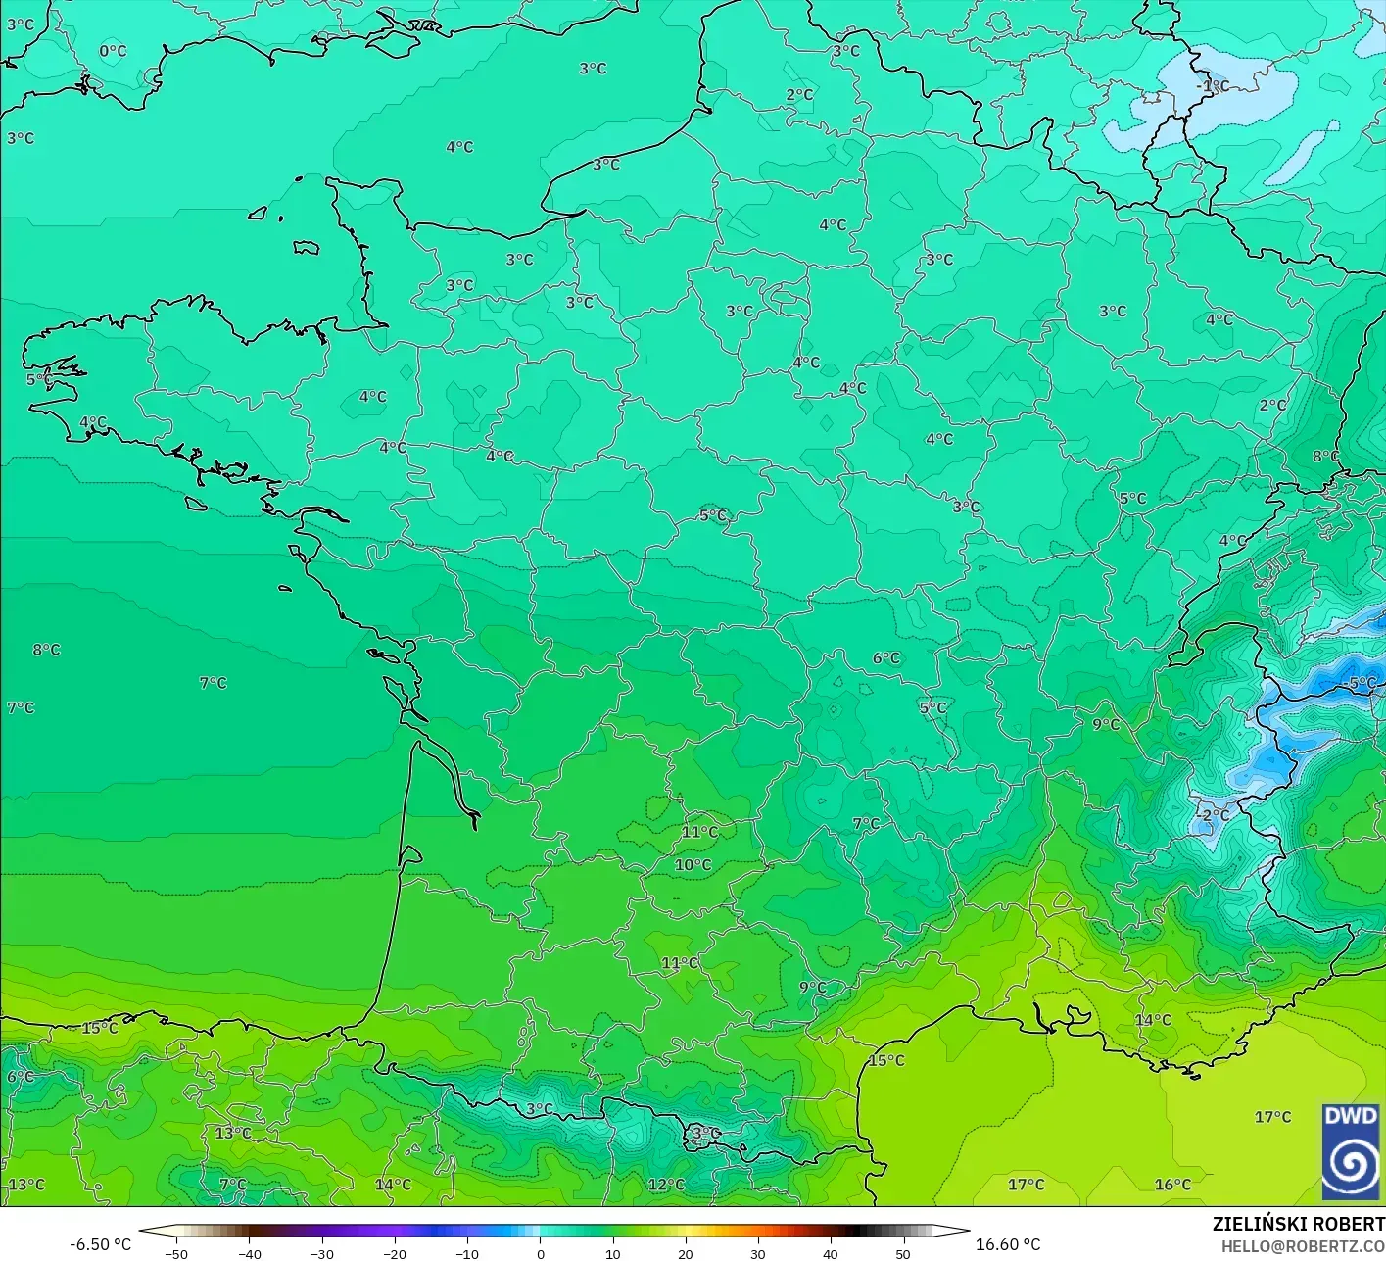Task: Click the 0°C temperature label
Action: tap(113, 51)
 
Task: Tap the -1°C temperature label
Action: tap(1213, 86)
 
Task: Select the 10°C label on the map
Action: tap(693, 865)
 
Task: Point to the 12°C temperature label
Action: tap(666, 1185)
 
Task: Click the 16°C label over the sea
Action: tap(1172, 1185)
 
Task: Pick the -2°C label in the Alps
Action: tap(1213, 815)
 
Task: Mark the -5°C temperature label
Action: tap(1362, 683)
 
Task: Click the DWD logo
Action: tap(1351, 1151)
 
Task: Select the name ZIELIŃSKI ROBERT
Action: tap(1298, 1224)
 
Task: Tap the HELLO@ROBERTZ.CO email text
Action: tap(1303, 1244)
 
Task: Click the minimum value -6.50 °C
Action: tap(100, 1244)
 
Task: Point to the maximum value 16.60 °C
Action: tap(1008, 1244)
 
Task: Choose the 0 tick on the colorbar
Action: tap(540, 1253)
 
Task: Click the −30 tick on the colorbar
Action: tap(321, 1253)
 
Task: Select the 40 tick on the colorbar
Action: tap(831, 1253)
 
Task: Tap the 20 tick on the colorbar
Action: tap(686, 1253)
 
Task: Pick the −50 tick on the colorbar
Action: tap(176, 1253)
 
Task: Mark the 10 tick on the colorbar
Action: tap(612, 1253)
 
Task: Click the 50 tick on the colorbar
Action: tap(903, 1253)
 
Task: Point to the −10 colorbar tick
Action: tap(466, 1253)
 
